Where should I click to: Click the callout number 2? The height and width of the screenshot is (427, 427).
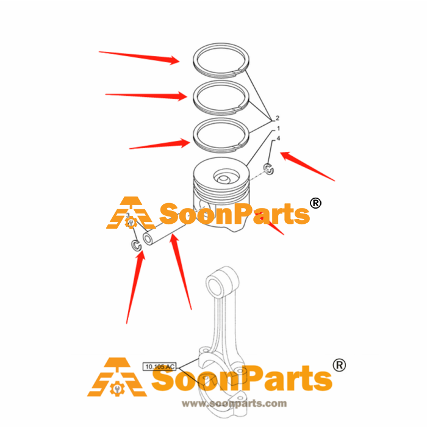(277, 118)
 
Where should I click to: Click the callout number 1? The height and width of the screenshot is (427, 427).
(278, 128)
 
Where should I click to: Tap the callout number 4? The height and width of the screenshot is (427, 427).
(278, 138)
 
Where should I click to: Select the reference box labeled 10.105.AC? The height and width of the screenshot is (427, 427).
(160, 367)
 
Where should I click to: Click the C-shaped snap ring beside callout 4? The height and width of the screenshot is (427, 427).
(268, 169)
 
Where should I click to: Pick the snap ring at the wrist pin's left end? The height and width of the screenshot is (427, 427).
(136, 245)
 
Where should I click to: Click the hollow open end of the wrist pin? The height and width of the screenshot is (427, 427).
(148, 239)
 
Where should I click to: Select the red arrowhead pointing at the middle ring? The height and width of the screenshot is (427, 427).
(182, 96)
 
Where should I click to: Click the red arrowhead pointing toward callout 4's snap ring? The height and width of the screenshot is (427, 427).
(286, 156)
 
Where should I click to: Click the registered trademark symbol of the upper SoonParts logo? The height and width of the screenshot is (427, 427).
(315, 203)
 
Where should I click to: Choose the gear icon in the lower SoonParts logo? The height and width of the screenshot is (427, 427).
(117, 389)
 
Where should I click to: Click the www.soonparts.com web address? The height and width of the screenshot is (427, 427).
(234, 403)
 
